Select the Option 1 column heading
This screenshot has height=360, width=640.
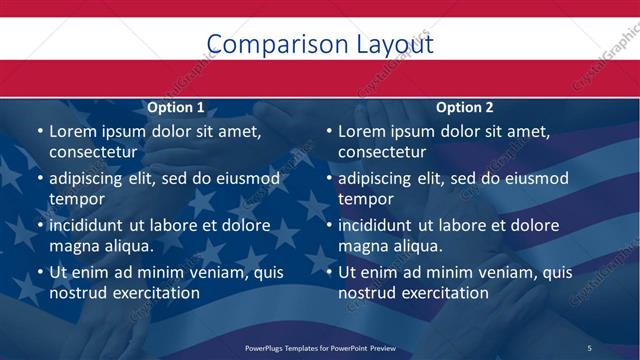pyautogui.click(x=176, y=107)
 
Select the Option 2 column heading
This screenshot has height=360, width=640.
pyautogui.click(x=465, y=107)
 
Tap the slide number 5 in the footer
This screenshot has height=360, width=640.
pyautogui.click(x=589, y=347)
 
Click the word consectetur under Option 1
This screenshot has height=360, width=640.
pyautogui.click(x=93, y=152)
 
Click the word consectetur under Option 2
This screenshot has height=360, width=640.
pyautogui.click(x=382, y=152)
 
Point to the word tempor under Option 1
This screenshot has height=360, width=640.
pyautogui.click(x=75, y=199)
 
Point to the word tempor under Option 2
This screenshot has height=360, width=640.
pyautogui.click(x=364, y=199)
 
